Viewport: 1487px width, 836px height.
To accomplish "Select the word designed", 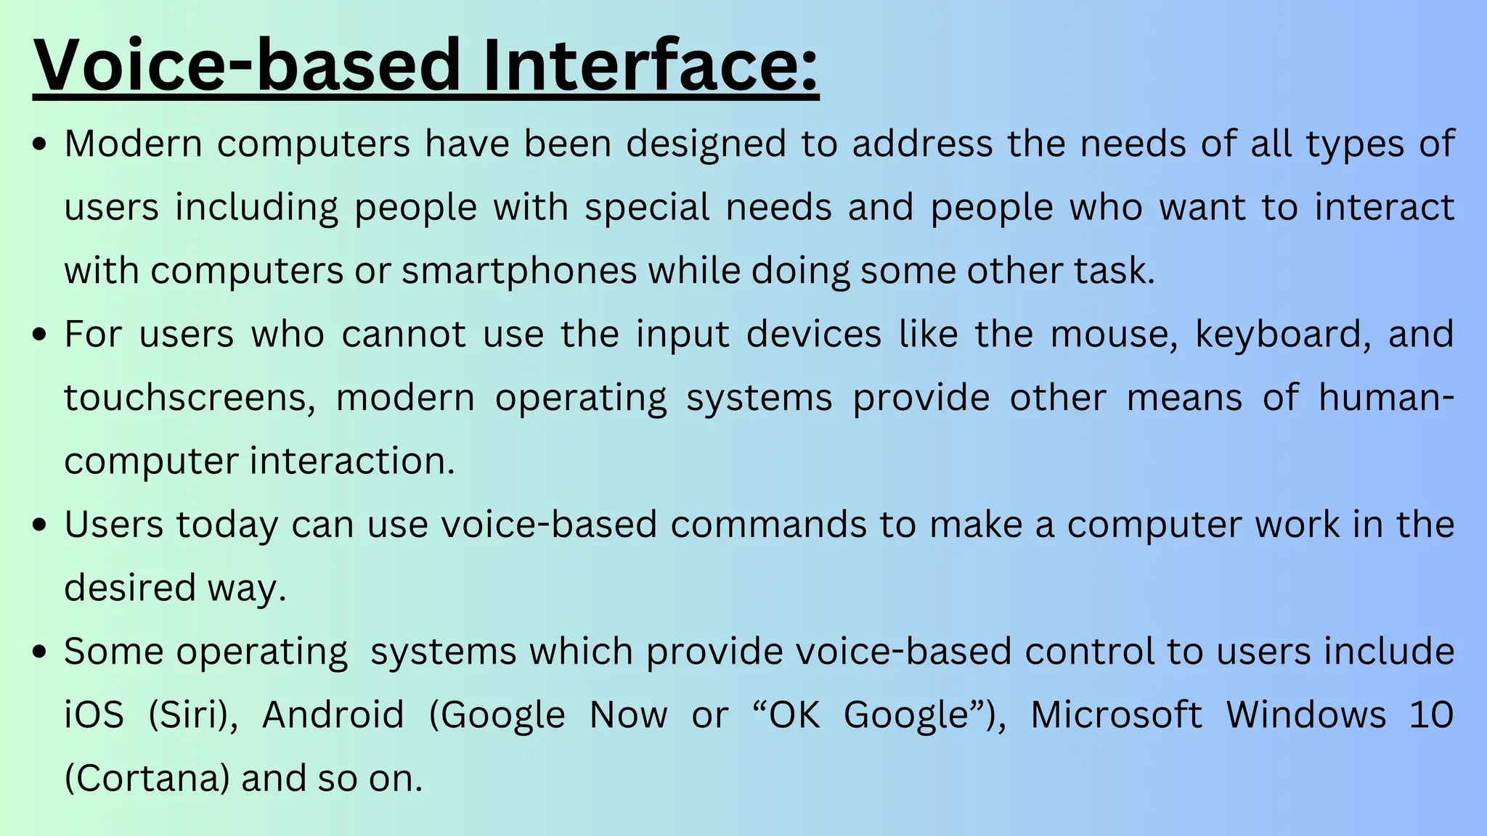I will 706,144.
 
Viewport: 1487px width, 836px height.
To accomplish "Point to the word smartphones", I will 519,271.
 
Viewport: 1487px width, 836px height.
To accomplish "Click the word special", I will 647,208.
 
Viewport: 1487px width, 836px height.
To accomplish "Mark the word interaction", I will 352,461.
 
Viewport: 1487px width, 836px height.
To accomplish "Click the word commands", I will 768,525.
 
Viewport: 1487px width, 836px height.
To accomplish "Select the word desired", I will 129,588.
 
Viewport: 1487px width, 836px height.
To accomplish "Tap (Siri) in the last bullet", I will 193,715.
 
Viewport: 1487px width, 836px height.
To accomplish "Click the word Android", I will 333,715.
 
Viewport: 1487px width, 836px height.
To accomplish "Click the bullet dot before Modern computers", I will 41,144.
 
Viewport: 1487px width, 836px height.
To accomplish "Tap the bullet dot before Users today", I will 41,525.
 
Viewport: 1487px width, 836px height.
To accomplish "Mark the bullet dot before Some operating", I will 41,652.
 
